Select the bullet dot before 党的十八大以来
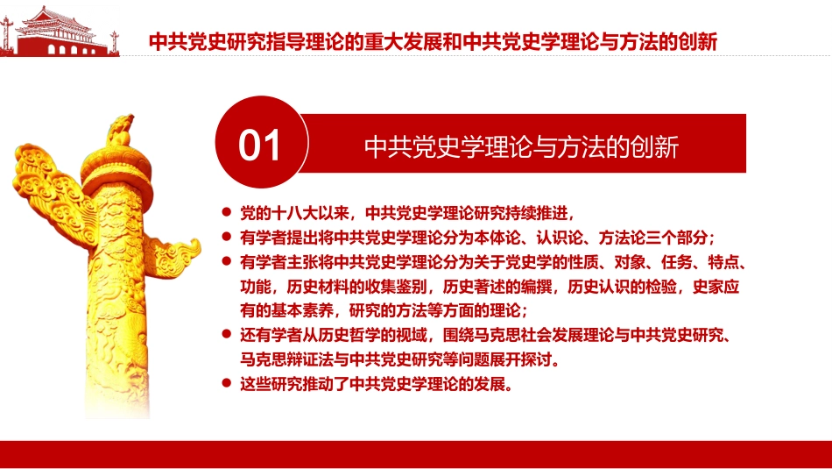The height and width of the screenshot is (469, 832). click(228, 211)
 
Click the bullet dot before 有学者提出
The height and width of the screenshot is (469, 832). click(228, 237)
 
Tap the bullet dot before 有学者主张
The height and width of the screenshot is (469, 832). click(228, 261)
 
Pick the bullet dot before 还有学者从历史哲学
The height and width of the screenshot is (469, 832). click(228, 335)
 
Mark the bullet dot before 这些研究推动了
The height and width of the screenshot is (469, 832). click(228, 384)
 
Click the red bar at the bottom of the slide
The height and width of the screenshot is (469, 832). click(416, 452)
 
